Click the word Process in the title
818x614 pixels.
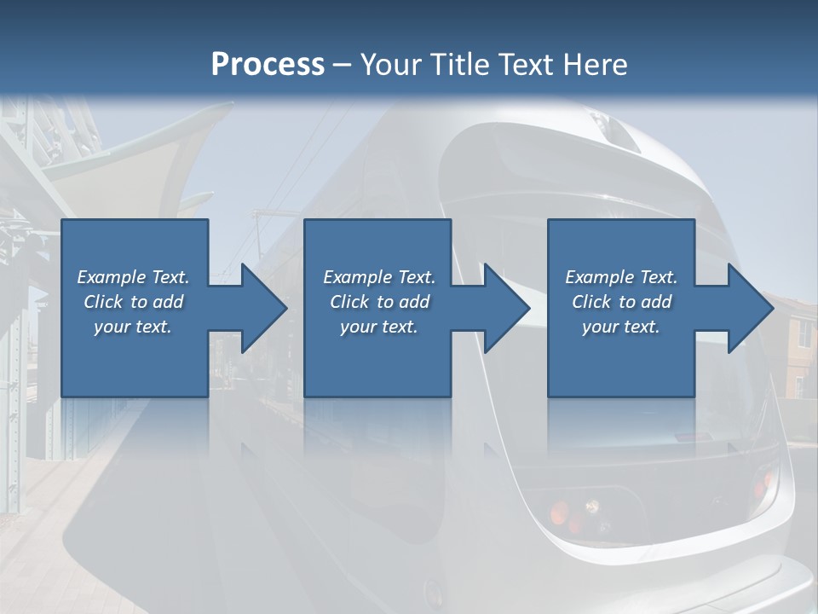point(268,65)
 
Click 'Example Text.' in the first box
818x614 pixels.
point(133,277)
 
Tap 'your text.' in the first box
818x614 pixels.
point(133,327)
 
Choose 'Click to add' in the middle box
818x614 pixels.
point(379,302)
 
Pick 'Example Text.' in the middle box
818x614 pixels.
point(379,277)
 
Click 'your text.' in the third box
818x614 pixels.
point(621,327)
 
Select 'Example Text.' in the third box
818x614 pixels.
point(621,277)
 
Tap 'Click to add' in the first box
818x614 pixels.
point(133,302)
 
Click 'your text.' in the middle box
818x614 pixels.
point(379,327)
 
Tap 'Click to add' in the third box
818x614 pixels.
point(621,302)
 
